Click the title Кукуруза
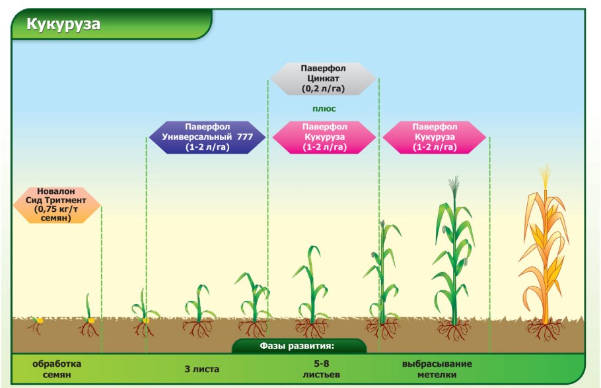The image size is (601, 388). point(63,24)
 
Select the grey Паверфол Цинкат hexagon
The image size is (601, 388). point(324,79)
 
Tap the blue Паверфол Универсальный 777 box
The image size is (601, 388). point(207,137)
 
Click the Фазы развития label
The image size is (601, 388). point(299,346)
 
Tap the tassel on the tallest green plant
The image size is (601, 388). point(453,187)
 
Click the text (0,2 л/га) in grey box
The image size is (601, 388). point(324,88)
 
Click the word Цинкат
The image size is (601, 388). point(324,78)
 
